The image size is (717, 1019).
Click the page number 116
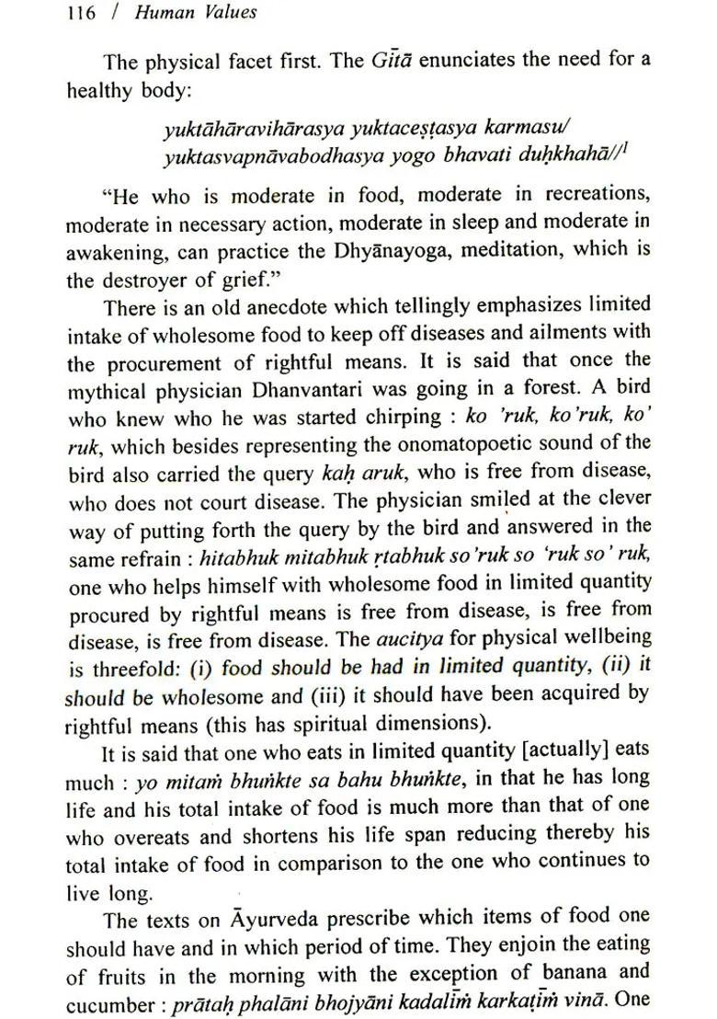point(81,14)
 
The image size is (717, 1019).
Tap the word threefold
point(138,667)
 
